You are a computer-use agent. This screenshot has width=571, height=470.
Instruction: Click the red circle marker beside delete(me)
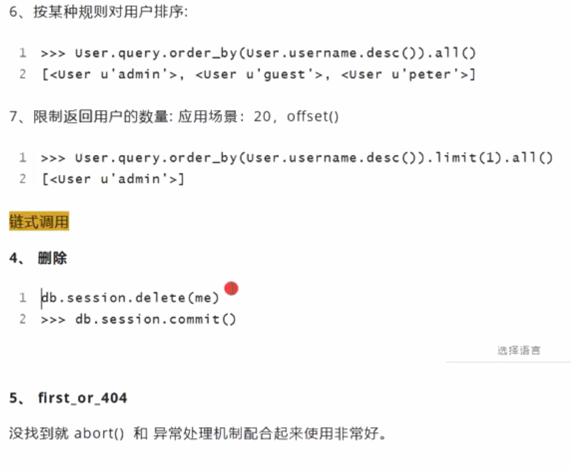tap(231, 289)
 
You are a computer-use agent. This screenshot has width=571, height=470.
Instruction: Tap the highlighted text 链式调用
tap(39, 222)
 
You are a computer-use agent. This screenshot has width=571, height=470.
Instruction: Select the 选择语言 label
tap(518, 350)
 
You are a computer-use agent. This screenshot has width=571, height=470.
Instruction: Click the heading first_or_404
tap(82, 398)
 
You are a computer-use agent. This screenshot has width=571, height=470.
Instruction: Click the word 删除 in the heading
tap(52, 259)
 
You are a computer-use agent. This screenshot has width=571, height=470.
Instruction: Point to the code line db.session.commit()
tap(155, 319)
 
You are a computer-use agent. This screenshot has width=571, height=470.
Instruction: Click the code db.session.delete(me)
tap(130, 298)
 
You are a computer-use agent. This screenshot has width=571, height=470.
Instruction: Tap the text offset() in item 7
tap(313, 117)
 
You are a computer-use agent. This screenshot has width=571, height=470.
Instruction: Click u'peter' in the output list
tap(431, 74)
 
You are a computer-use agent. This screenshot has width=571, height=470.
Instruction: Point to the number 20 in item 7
tap(263, 117)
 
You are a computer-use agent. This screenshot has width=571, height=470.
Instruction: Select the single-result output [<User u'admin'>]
tap(113, 179)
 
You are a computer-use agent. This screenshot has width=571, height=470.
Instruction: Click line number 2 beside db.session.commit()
tap(22, 319)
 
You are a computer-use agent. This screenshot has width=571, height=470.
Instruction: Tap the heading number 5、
tap(18, 398)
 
